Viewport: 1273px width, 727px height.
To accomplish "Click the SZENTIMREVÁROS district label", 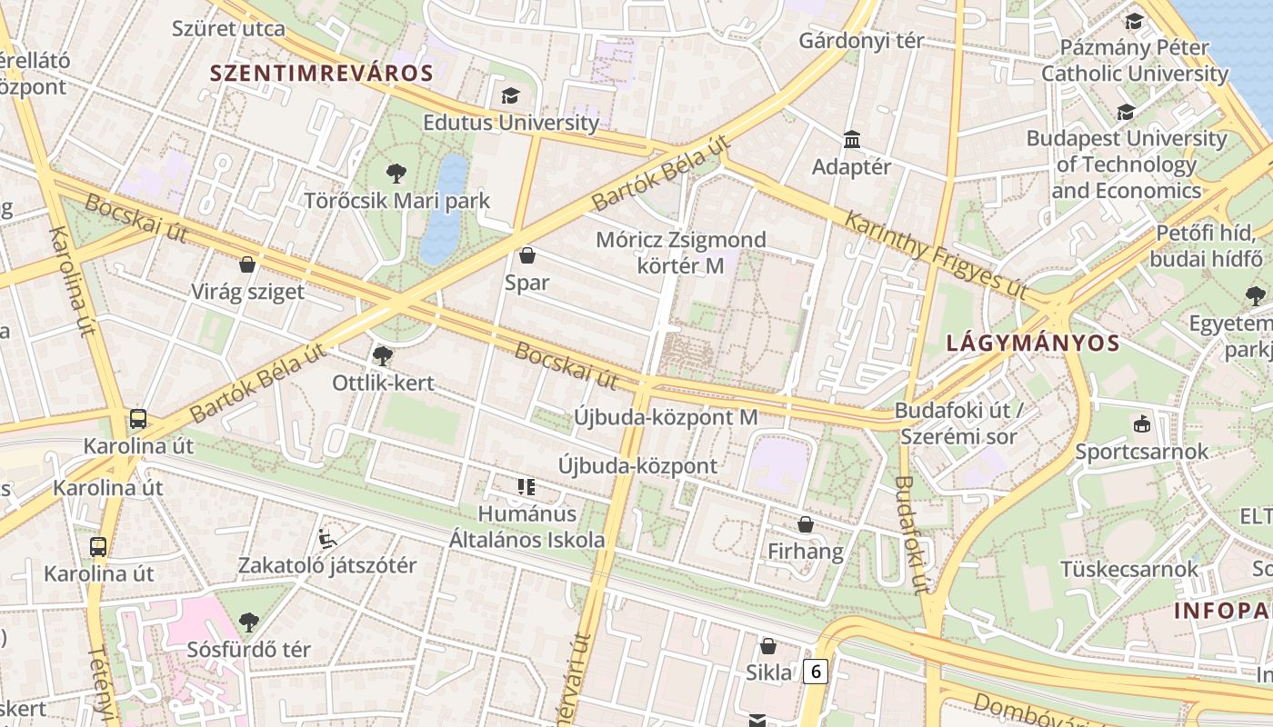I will coord(321,74).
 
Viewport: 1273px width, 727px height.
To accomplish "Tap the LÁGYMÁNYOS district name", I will coord(1032,344).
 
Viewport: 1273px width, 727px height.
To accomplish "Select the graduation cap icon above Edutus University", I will coord(510,95).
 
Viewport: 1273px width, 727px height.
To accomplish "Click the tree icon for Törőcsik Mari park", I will coord(396,173).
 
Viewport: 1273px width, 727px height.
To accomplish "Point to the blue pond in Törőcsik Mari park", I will coord(445,209).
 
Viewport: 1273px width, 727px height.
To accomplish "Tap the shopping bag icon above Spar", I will coord(526,255).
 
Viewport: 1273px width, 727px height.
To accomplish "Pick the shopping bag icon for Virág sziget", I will coord(246,265).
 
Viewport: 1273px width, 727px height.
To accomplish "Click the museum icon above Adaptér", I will coord(852,140).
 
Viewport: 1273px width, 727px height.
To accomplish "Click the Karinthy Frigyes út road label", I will coord(936,255).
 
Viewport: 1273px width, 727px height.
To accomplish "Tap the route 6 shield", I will coord(816,672).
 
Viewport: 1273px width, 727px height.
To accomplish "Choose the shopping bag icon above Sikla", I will coord(768,646).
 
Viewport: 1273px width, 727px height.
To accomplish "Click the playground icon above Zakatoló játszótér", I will coord(327,538).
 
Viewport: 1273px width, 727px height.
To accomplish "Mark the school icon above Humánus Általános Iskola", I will coord(526,487).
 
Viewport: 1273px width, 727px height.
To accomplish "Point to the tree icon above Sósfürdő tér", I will coord(249,622).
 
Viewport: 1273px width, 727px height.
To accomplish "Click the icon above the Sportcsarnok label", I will coord(1141,423).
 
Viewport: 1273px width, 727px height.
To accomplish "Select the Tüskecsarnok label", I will coord(1129,569).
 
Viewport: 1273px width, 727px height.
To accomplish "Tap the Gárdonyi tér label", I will coord(861,41).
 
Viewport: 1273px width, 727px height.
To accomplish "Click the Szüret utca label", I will coord(228,28).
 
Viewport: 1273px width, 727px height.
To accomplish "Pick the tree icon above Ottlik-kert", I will coord(383,355).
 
